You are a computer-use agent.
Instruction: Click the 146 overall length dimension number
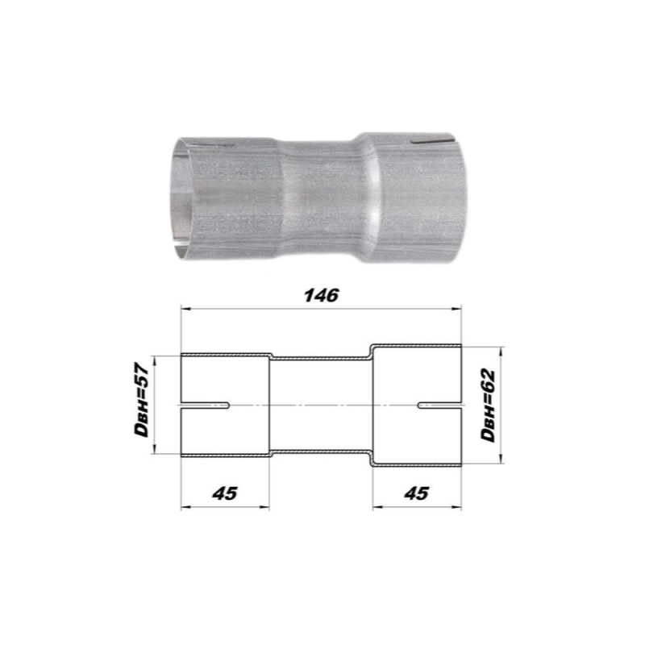(321, 295)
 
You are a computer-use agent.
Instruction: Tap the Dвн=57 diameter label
(142, 399)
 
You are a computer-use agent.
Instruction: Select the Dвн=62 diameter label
(489, 406)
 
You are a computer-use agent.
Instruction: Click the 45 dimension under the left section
(225, 493)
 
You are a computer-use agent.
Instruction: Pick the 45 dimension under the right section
(417, 493)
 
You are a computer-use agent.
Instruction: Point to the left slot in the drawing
(205, 406)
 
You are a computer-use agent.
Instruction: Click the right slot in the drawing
(439, 406)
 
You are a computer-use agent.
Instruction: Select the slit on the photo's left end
(214, 146)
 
